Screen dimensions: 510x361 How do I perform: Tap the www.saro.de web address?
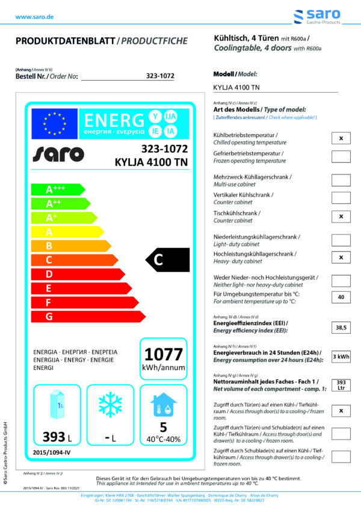tap(34, 17)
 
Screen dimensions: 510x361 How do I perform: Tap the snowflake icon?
tap(110, 403)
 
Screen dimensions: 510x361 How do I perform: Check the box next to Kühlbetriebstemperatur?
tap(341, 138)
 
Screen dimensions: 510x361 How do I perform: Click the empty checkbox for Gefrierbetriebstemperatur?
tap(341, 156)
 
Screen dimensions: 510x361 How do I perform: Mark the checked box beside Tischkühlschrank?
tap(341, 216)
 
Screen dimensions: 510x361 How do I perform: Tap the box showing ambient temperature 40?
tap(341, 297)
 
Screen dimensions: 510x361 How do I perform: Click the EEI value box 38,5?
tap(341, 328)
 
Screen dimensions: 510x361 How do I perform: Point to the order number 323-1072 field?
tap(160, 76)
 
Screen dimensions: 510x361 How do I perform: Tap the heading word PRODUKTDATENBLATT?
tap(65, 41)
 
